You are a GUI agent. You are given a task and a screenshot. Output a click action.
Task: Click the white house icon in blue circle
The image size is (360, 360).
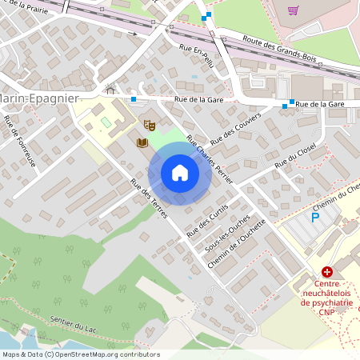pos(179,173)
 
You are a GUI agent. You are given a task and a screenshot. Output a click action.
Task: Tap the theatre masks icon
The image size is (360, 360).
pos(148,125)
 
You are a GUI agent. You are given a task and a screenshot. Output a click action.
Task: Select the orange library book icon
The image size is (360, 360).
pos(142,142)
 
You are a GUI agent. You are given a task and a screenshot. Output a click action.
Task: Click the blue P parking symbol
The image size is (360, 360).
pos(315,217)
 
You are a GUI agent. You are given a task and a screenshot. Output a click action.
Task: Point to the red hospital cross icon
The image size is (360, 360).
pos(327,273)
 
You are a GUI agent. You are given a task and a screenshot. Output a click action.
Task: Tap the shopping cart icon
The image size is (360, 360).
pos(293,11)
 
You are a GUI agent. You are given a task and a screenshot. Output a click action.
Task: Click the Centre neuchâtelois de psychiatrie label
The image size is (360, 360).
pos(328,293)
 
